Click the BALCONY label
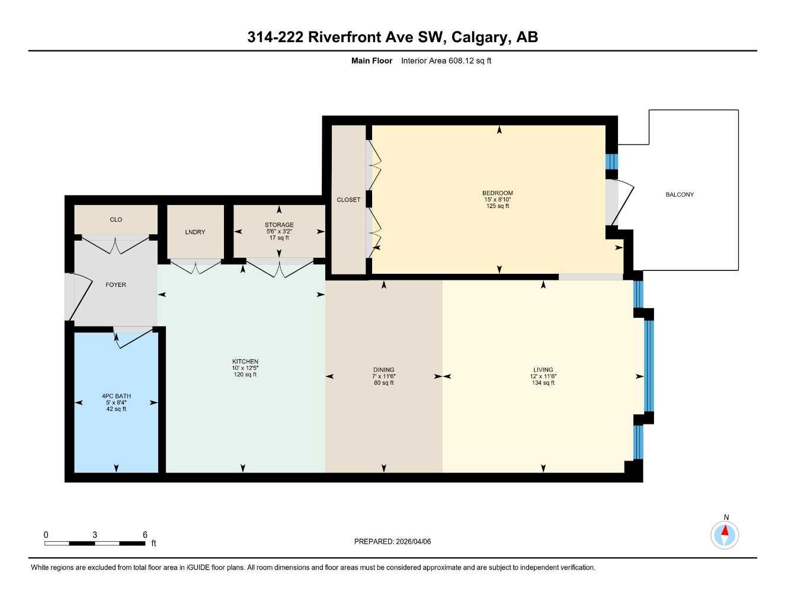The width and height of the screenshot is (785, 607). coord(679,194)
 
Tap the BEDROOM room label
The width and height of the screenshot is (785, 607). coord(497,193)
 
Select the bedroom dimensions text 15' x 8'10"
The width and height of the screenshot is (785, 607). coord(497,200)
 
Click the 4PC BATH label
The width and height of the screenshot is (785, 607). coord(116,396)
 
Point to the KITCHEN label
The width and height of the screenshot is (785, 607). coord(245,362)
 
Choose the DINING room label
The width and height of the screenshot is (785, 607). coord(383,370)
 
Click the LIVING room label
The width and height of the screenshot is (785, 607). coord(543,370)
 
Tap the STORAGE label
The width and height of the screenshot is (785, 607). coord(279,225)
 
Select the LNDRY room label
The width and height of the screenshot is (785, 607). coord(195,232)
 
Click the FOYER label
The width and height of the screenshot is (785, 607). coord(116,285)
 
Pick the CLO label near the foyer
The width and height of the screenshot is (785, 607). coord(116,219)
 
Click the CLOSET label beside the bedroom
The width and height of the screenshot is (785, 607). coord(348,200)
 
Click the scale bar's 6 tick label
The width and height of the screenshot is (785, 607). coord(145,535)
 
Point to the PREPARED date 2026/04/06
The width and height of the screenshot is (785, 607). coord(413,541)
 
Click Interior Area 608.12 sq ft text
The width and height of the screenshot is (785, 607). coord(446,60)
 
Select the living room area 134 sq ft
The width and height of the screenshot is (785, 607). coord(543,383)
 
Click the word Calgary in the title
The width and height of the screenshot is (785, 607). coord(480,37)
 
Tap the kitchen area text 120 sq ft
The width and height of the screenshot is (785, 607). coord(245,375)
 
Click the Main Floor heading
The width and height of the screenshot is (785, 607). coord(371,60)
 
